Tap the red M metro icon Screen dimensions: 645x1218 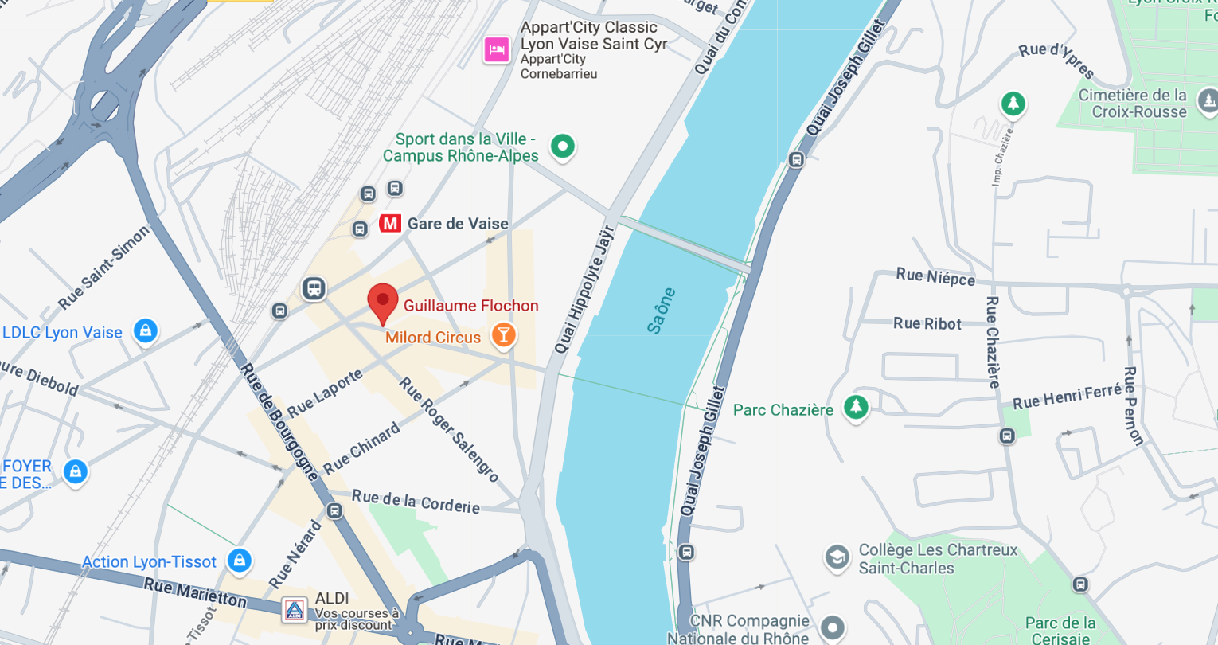pyautogui.click(x=390, y=224)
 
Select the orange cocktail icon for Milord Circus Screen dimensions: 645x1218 pyautogui.click(x=503, y=335)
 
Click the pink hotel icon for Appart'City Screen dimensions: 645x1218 pyautogui.click(x=497, y=50)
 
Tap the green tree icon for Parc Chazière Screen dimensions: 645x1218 pyautogui.click(x=856, y=407)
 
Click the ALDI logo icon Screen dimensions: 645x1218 pyautogui.click(x=295, y=611)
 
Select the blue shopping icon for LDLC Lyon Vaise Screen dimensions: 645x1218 pyautogui.click(x=145, y=330)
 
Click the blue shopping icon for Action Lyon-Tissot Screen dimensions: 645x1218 pyautogui.click(x=239, y=560)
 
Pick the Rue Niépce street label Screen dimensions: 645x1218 pyautogui.click(x=935, y=276)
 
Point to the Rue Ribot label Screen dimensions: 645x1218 pyautogui.click(x=927, y=323)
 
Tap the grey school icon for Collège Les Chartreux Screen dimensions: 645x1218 pyautogui.click(x=837, y=557)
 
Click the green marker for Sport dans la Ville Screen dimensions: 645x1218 pyautogui.click(x=563, y=146)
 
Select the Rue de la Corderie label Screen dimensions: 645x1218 pyautogui.click(x=416, y=502)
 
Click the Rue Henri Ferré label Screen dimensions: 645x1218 pyautogui.click(x=1067, y=396)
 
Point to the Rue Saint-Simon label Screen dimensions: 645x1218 pyautogui.click(x=103, y=268)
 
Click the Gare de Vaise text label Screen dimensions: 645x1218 pyautogui.click(x=458, y=224)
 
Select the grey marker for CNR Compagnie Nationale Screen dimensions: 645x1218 pyautogui.click(x=833, y=627)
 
